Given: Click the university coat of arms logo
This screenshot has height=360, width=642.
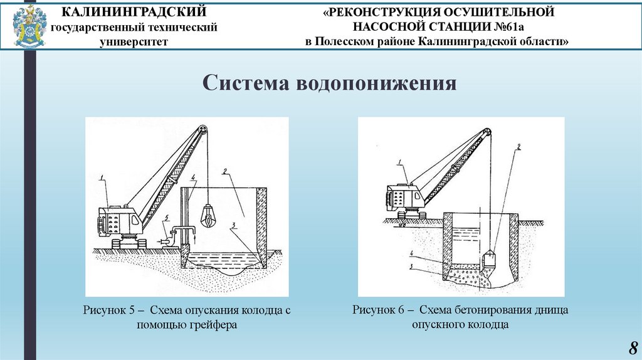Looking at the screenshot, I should point(29,26).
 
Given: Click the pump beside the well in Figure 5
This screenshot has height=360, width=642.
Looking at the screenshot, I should point(167,239).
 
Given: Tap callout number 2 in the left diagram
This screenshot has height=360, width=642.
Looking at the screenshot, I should point(223,170).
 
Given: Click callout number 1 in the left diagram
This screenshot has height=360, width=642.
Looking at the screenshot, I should point(105,179).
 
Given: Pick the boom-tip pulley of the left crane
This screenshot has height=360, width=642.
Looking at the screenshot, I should point(202,130).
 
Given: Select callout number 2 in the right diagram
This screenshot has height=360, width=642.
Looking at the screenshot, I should point(518,148).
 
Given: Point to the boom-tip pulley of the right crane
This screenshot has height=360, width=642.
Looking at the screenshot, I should point(486,132).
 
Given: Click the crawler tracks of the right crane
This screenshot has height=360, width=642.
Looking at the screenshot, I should point(411,214).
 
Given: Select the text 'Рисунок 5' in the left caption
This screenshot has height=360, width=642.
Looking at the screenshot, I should point(105,310).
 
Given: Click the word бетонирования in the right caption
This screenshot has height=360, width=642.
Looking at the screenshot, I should point(496,310).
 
